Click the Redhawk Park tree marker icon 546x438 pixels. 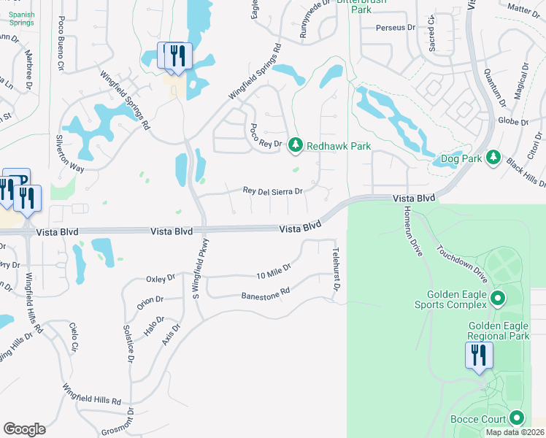pyautogui.click(x=296, y=146)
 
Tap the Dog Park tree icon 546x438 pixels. pyautogui.click(x=493, y=158)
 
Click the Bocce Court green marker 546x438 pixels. pyautogui.click(x=518, y=418)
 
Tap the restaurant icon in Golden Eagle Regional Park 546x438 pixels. pyautogui.click(x=480, y=356)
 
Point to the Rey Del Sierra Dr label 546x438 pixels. pyautogui.click(x=272, y=191)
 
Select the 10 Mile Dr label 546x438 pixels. pyautogui.click(x=274, y=271)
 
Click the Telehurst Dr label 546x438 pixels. pyautogui.click(x=337, y=268)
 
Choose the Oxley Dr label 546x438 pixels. pyautogui.click(x=161, y=278)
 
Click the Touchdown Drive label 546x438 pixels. pyautogui.click(x=461, y=259)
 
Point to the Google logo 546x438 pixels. pyautogui.click(x=24, y=429)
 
